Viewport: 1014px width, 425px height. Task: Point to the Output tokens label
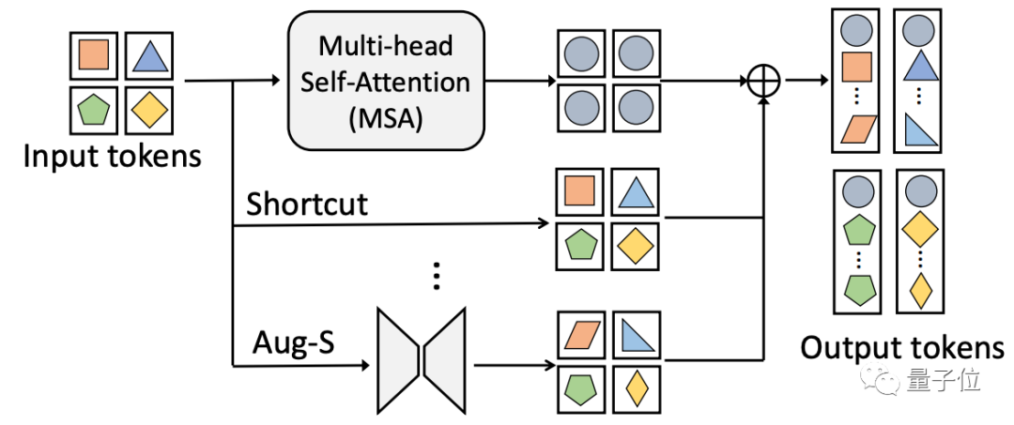click(901, 347)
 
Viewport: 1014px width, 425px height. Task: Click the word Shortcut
click(306, 204)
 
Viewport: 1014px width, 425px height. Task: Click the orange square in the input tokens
click(94, 56)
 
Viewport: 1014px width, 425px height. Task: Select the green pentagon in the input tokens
click(94, 110)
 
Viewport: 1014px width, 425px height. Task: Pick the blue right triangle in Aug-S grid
click(633, 333)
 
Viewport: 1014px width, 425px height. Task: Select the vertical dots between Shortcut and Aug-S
click(435, 276)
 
